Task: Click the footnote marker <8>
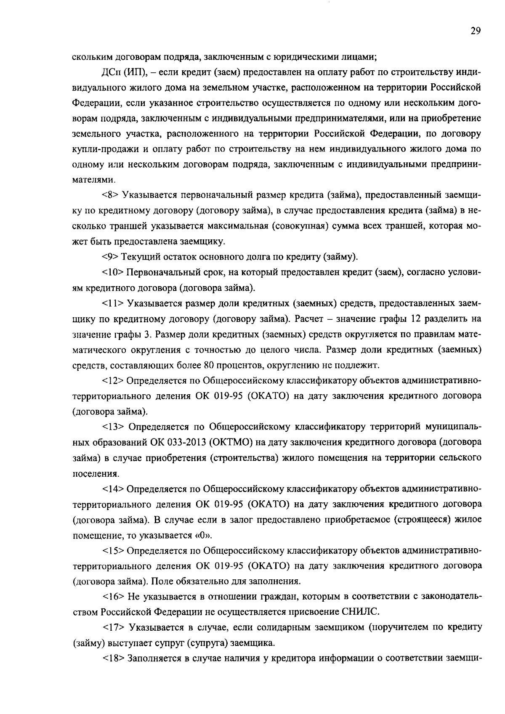pos(111,195)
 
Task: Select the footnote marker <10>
pos(113,273)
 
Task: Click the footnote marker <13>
pos(113,427)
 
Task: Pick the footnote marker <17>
pos(113,628)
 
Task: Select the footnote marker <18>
pos(113,659)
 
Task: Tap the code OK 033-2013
pos(185,443)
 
